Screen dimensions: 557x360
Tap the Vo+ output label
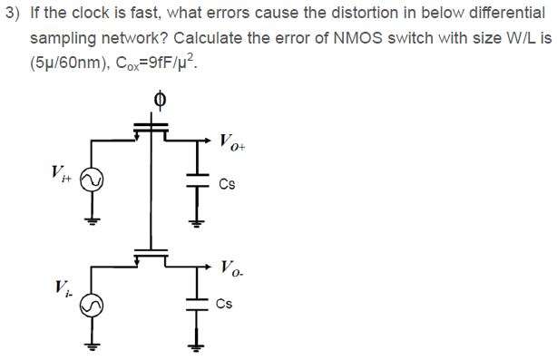tap(230, 141)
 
